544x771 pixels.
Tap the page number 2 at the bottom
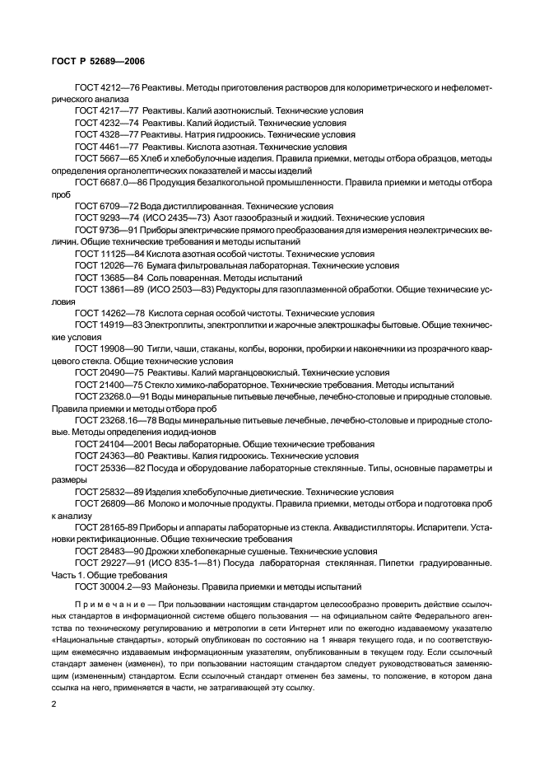(x=54, y=704)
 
